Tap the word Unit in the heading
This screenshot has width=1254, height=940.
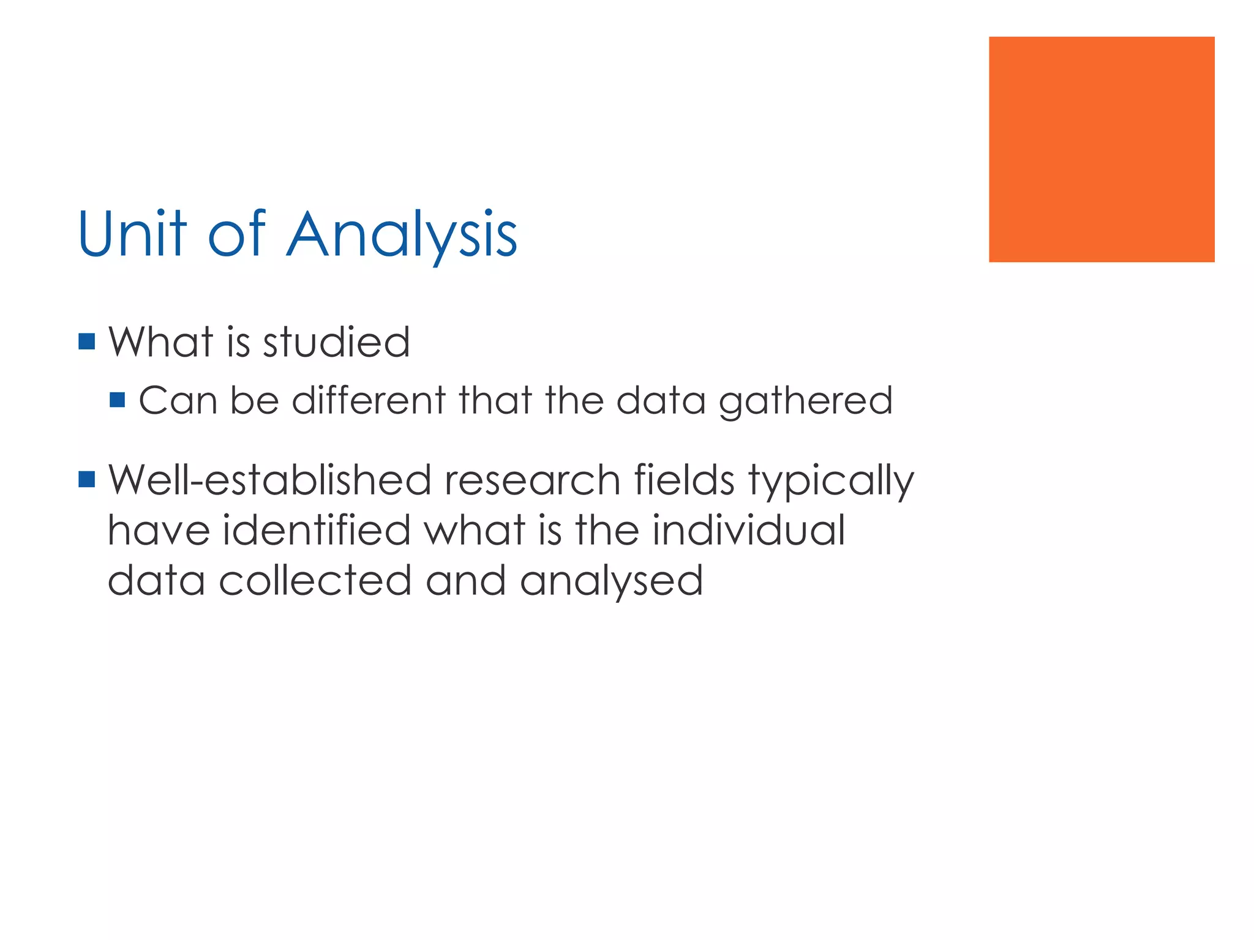pos(132,234)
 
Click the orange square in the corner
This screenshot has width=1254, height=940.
pos(1101,149)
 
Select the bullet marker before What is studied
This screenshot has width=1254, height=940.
pos(87,341)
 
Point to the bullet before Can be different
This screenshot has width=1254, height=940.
pos(117,400)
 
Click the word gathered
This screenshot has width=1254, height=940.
pos(805,401)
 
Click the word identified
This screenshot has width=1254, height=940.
pos(316,530)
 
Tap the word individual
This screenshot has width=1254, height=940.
pos(748,530)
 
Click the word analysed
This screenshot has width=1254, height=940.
pos(611,581)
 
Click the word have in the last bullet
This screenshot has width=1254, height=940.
pos(159,530)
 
